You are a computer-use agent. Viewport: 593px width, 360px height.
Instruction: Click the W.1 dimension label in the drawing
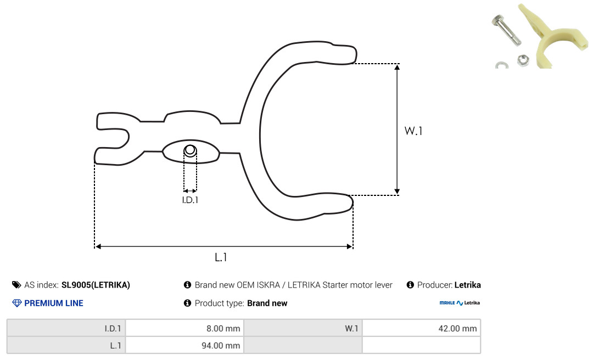413,131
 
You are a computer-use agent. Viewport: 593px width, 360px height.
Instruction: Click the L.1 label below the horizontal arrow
221,257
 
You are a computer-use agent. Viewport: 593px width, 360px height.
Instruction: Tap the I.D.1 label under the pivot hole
190,200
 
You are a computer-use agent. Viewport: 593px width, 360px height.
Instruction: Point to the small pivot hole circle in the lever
190,150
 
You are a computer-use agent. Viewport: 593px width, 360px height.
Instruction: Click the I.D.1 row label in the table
113,328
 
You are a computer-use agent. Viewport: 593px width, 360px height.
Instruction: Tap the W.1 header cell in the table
351,328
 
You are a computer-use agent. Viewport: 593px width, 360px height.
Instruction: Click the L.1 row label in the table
115,345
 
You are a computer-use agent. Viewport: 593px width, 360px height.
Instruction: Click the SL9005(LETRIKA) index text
96,285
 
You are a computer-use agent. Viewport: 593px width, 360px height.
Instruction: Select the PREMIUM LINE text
54,303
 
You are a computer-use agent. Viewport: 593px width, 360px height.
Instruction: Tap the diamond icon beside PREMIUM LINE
17,303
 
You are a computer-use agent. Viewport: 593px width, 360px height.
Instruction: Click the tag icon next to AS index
16,285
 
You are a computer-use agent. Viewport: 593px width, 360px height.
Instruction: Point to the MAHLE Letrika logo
460,303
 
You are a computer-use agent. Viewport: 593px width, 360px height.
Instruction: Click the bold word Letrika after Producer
467,285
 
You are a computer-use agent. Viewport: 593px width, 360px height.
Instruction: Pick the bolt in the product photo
506,30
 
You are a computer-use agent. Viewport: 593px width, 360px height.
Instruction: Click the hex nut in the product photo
523,60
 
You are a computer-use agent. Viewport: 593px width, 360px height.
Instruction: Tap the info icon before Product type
187,303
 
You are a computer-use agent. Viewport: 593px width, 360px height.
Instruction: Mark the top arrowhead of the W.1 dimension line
397,67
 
